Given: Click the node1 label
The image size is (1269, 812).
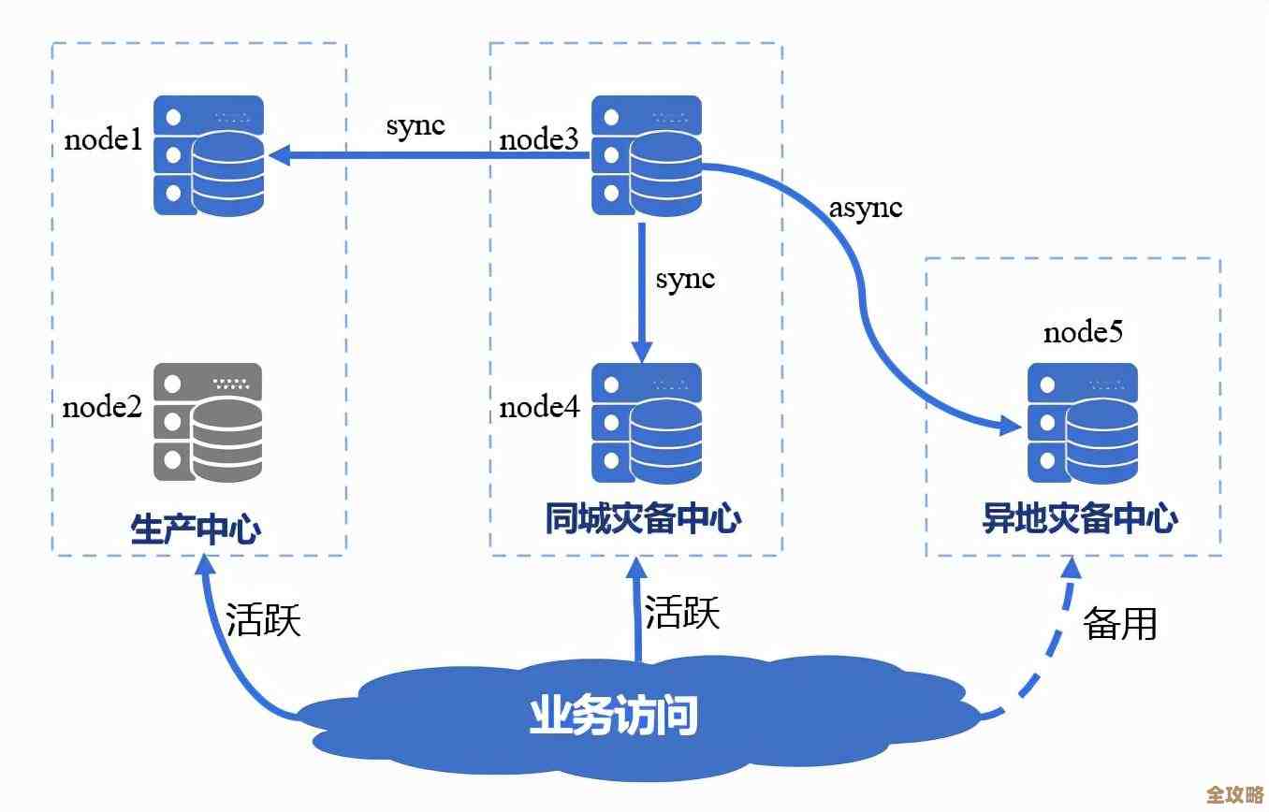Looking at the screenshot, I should (x=103, y=141).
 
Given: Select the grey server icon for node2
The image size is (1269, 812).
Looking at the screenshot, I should (x=208, y=423).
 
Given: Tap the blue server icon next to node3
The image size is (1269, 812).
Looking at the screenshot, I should (x=646, y=156).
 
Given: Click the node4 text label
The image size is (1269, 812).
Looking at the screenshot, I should (x=539, y=407).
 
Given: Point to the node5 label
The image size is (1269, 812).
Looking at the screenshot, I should (x=1083, y=332).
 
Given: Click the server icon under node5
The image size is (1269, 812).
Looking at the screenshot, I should (x=1083, y=424).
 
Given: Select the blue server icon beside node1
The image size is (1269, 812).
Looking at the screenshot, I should (x=208, y=156).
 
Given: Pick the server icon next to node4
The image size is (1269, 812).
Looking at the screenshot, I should (x=646, y=423).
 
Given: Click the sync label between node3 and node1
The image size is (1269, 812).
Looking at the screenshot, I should (x=416, y=126).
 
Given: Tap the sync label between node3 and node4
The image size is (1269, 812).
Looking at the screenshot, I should (x=685, y=279).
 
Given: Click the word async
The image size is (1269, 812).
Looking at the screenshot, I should (x=866, y=208).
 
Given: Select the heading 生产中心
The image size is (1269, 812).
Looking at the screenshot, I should (x=196, y=529).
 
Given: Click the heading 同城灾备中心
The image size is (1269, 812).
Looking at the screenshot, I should (x=643, y=520).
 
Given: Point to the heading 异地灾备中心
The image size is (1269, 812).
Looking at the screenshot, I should (x=1079, y=520).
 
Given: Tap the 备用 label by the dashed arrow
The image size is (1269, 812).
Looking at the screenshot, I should (x=1120, y=623).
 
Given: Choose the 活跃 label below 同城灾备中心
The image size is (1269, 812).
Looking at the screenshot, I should (x=682, y=614).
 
